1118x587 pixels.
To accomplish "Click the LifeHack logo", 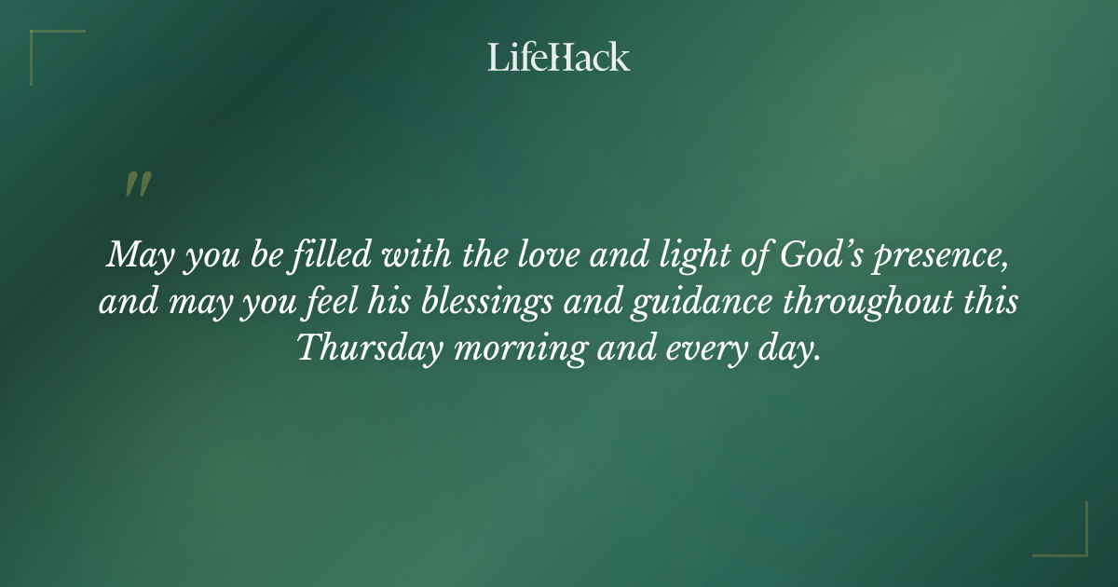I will pos(558,58).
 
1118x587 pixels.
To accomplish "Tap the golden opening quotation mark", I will pos(138,184).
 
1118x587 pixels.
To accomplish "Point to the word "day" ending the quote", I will pos(793,350).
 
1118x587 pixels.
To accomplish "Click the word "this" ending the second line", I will pos(990,302).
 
